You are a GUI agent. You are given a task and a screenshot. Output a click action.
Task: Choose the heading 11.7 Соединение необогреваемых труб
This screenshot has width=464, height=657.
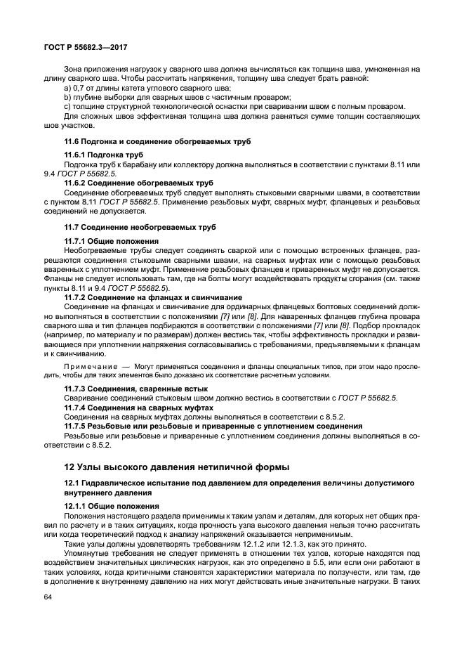click(x=140, y=228)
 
